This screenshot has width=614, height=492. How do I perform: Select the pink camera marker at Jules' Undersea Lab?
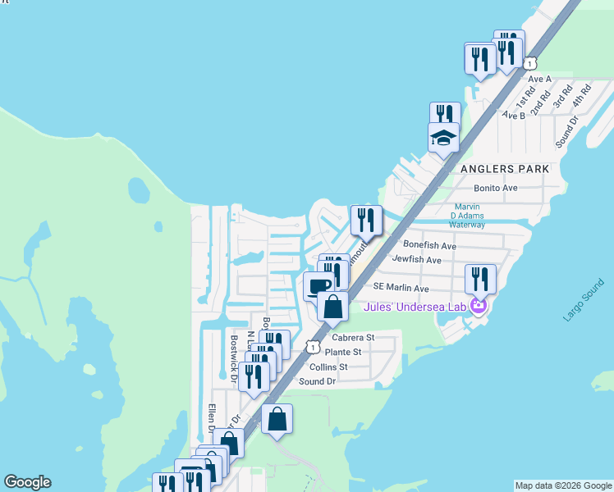pyautogui.click(x=479, y=307)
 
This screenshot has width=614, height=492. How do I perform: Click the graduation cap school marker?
pyautogui.click(x=443, y=137)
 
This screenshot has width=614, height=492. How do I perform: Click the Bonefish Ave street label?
pyautogui.click(x=429, y=245)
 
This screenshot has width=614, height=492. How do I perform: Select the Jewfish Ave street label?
pyautogui.click(x=417, y=260)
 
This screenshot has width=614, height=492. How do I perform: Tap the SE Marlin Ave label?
pyautogui.click(x=401, y=289)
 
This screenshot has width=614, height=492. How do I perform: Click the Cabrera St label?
pyautogui.click(x=353, y=337)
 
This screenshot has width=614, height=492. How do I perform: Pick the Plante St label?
pyautogui.click(x=346, y=352)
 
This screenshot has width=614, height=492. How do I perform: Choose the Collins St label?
pyautogui.click(x=328, y=367)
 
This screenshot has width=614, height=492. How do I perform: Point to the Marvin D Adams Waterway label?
pyautogui.click(x=467, y=216)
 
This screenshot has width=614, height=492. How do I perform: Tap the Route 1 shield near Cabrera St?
pyautogui.click(x=313, y=347)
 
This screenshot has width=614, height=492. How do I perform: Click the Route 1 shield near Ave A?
pyautogui.click(x=531, y=62)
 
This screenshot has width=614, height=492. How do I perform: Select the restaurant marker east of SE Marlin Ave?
pyautogui.click(x=480, y=280)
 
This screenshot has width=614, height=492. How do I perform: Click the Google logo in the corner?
pyautogui.click(x=27, y=482)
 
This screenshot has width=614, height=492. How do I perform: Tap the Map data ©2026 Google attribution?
pyautogui.click(x=564, y=485)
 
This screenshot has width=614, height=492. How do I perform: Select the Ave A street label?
pyautogui.click(x=539, y=79)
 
